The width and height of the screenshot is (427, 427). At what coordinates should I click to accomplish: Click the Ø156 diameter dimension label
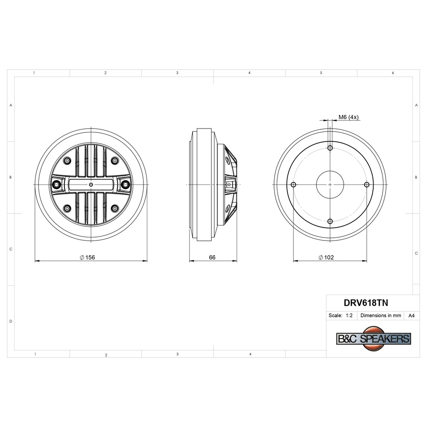pyautogui.click(x=88, y=257)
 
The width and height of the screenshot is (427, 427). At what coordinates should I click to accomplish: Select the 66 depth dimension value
pyautogui.click(x=212, y=257)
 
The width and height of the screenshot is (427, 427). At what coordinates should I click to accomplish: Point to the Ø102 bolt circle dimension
pyautogui.click(x=326, y=257)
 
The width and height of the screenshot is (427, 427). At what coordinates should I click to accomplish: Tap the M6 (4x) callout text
pyautogui.click(x=348, y=117)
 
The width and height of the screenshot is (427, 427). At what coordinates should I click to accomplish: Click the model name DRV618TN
pyautogui.click(x=366, y=303)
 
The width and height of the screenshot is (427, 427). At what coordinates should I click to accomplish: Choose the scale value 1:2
pyautogui.click(x=349, y=316)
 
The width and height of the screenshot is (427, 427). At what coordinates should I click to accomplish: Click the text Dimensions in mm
pyautogui.click(x=381, y=316)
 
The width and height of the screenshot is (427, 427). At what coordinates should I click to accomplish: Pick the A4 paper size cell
pyautogui.click(x=412, y=316)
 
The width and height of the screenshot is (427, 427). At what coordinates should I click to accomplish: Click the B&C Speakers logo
pyautogui.click(x=374, y=339)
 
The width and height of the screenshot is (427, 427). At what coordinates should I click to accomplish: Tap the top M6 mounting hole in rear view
pyautogui.click(x=330, y=148)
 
